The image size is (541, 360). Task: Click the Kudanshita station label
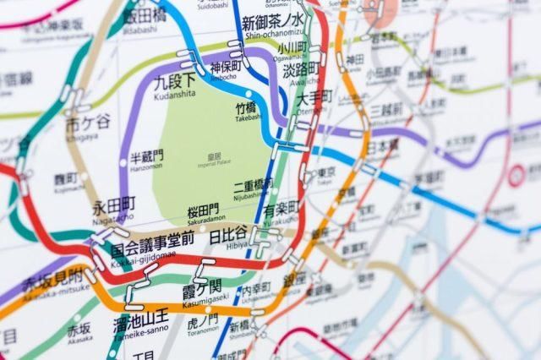coord(175,84)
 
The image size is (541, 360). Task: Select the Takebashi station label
coord(248,112)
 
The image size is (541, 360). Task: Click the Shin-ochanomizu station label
coord(273,26)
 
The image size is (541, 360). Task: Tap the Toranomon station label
coord(203,325)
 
